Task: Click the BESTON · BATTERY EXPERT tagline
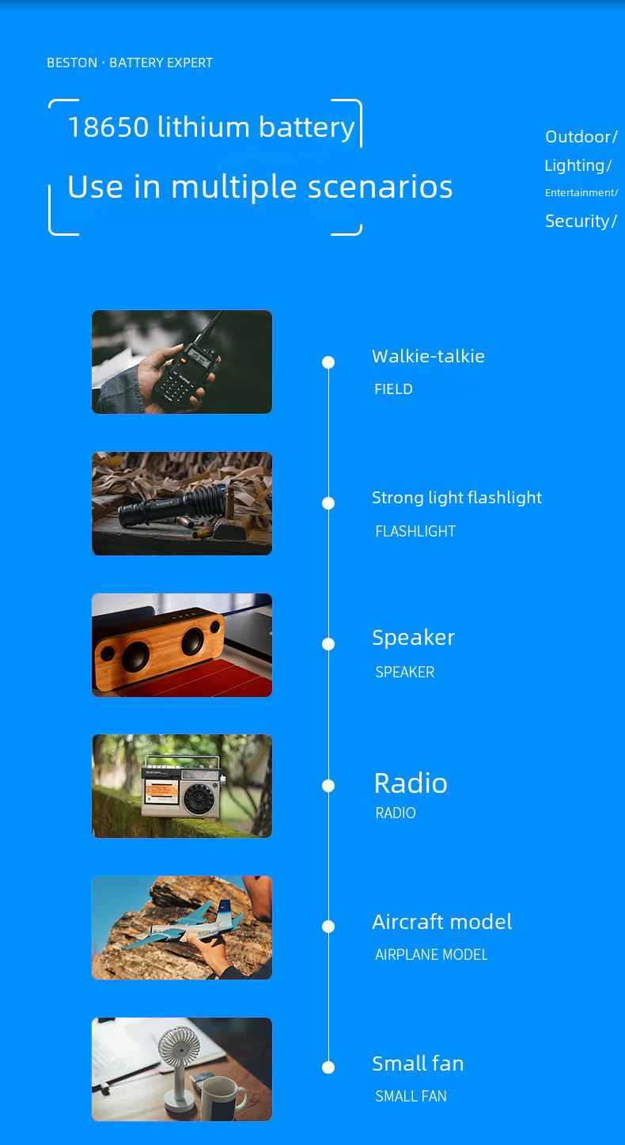(130, 63)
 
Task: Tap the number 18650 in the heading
(108, 127)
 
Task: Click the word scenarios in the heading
(381, 187)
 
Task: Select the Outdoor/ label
(581, 137)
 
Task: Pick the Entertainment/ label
(581, 193)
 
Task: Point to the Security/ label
(581, 222)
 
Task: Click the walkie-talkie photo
(182, 362)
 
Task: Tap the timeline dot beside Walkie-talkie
(328, 362)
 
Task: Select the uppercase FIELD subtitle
(393, 389)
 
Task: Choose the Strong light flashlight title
(456, 498)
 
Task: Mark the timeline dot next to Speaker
(328, 644)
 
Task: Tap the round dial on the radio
(199, 798)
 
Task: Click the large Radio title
(411, 783)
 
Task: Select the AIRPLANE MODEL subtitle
(431, 955)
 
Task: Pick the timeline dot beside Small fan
(328, 1067)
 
